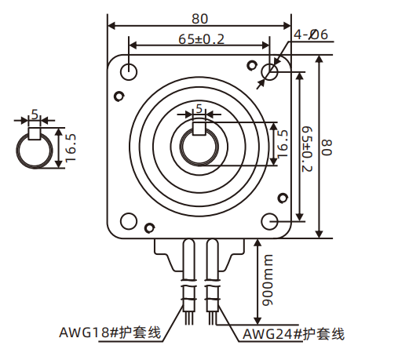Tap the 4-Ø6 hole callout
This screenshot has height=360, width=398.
coord(308,35)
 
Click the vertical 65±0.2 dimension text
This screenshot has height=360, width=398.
coord(307,147)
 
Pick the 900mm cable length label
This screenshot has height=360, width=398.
coord(267,280)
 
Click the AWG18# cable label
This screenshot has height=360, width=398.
coord(110,333)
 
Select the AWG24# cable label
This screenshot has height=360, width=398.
coord(294,334)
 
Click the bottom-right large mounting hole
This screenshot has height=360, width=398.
coord(270,221)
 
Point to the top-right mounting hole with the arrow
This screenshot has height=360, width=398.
coord(270,72)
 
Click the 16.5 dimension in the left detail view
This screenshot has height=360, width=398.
coord(71,147)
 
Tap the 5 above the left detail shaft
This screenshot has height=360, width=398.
coord(34,113)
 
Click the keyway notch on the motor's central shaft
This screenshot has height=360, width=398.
coord(199,125)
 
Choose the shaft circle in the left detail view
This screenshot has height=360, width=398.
coord(35,149)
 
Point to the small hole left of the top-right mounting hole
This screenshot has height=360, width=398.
coord(251,64)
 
